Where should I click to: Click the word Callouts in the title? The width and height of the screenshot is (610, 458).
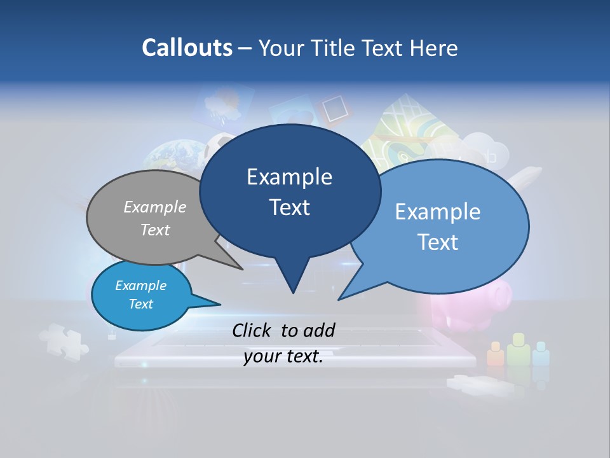(187, 48)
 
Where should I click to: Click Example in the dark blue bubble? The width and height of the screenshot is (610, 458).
(289, 176)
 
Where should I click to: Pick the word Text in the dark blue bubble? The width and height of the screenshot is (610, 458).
(289, 207)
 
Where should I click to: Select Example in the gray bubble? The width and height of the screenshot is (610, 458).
(154, 207)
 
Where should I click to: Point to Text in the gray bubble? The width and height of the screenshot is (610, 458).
(154, 230)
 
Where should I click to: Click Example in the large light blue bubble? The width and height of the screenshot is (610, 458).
(437, 211)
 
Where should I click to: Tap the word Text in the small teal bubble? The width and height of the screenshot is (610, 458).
(140, 304)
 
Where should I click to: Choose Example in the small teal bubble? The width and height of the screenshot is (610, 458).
(140, 286)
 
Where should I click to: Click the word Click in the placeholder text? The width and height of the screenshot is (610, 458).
(254, 330)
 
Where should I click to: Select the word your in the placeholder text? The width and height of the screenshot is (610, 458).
(262, 357)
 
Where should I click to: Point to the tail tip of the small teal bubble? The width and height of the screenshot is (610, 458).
(220, 304)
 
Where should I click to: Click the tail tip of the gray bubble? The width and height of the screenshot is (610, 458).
(243, 269)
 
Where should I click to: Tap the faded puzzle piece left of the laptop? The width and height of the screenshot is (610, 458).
(64, 340)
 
